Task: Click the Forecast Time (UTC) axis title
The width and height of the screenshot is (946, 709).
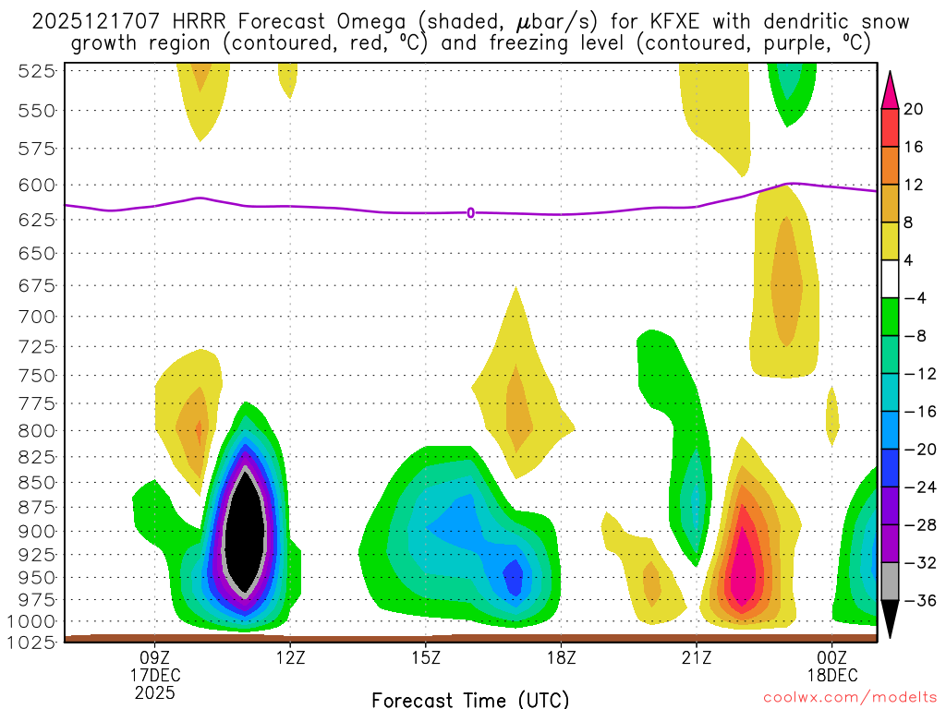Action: [470, 700]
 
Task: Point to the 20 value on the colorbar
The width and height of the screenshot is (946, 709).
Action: [914, 109]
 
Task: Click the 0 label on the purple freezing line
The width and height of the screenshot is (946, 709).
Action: [470, 212]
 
